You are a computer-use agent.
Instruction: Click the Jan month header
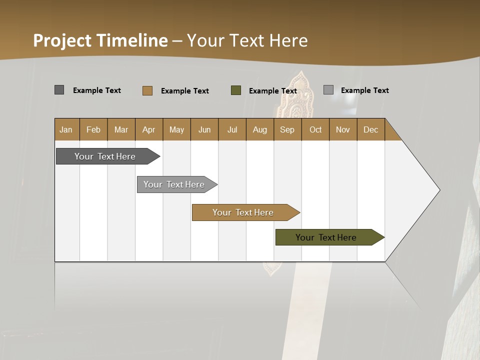coord(66,129)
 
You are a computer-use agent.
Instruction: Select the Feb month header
coord(93,129)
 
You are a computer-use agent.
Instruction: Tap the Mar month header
coord(121,129)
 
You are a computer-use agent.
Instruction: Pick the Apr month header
coord(149,129)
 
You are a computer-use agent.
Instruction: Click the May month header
coord(176,129)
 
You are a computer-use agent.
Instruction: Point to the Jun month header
coord(204,129)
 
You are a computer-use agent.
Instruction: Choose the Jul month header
coord(232,129)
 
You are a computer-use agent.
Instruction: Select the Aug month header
coord(260,129)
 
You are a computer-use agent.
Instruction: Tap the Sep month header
coord(287,129)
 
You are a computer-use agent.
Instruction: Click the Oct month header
coord(315,129)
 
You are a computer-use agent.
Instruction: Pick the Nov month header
coord(343,129)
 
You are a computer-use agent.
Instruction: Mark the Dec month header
coord(371,129)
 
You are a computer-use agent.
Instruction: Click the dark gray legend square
coord(59,90)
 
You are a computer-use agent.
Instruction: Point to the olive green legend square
coord(236,90)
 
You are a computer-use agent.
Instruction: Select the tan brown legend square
coord(147,90)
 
